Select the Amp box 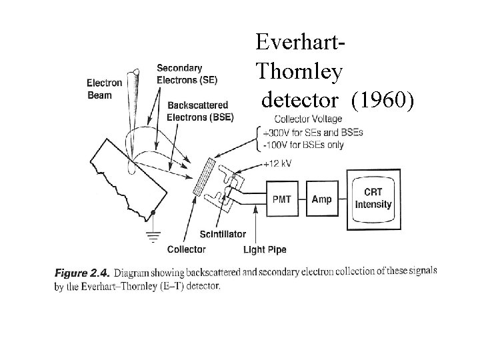[321, 199]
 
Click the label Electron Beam [104, 89]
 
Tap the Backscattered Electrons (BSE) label [198, 111]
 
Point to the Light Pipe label [264, 250]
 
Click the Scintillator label [223, 234]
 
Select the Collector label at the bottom [186, 250]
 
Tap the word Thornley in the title [299, 70]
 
